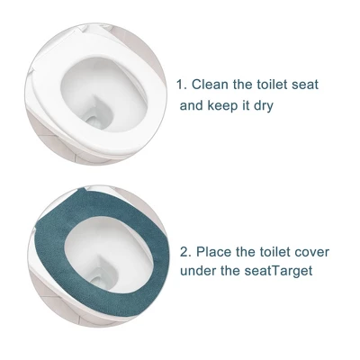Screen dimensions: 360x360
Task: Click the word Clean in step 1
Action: [210, 85]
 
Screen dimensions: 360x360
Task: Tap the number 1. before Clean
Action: [182, 85]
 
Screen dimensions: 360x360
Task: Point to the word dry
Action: [263, 106]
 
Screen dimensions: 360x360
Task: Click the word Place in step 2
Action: [213, 252]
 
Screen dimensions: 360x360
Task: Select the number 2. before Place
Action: [186, 252]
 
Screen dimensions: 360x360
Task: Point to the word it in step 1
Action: [246, 105]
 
